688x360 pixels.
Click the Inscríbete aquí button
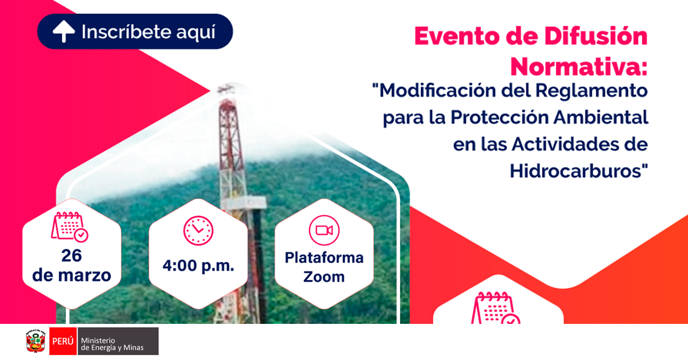pos(135,32)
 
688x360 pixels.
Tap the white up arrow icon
pos(64,32)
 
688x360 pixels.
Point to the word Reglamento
pos(592,92)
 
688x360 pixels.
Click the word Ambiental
pos(601,118)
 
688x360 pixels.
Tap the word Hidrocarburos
pos(576,171)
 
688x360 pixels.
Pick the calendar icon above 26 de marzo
pos(70,226)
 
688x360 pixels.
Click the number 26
pos(72,256)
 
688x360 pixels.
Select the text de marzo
pos(72,275)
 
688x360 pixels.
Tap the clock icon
pos(198,230)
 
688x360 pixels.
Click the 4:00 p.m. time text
pos(198,265)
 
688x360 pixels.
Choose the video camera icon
pos(324,230)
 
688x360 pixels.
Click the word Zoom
pos(324,277)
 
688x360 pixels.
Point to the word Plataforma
pos(324,258)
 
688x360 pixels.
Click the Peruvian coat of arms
pos(36,341)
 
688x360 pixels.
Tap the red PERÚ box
pos(63,341)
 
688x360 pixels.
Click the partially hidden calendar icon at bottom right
pos(495,308)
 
